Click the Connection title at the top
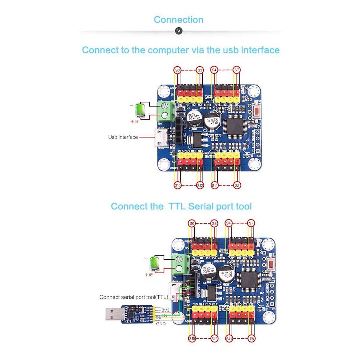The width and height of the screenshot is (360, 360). click(178, 20)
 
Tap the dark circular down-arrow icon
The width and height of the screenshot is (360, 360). click(178, 31)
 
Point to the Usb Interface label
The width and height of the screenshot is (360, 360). click(123, 137)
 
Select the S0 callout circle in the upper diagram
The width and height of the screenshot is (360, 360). click(178, 70)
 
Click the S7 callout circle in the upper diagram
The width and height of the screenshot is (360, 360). click(237, 70)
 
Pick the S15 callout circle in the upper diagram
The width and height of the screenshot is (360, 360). click(178, 185)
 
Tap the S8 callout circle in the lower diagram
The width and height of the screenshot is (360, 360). click(252, 339)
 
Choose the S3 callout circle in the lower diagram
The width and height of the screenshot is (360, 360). click(214, 223)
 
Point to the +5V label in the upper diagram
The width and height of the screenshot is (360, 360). click(134, 122)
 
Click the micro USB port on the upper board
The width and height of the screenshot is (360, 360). click(161, 138)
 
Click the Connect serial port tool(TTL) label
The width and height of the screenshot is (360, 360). click(133, 297)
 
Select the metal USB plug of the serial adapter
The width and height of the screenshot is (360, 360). click(113, 315)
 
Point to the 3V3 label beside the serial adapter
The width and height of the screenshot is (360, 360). click(165, 310)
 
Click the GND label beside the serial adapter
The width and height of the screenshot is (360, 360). click(161, 324)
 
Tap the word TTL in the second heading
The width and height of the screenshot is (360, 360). click(177, 206)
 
